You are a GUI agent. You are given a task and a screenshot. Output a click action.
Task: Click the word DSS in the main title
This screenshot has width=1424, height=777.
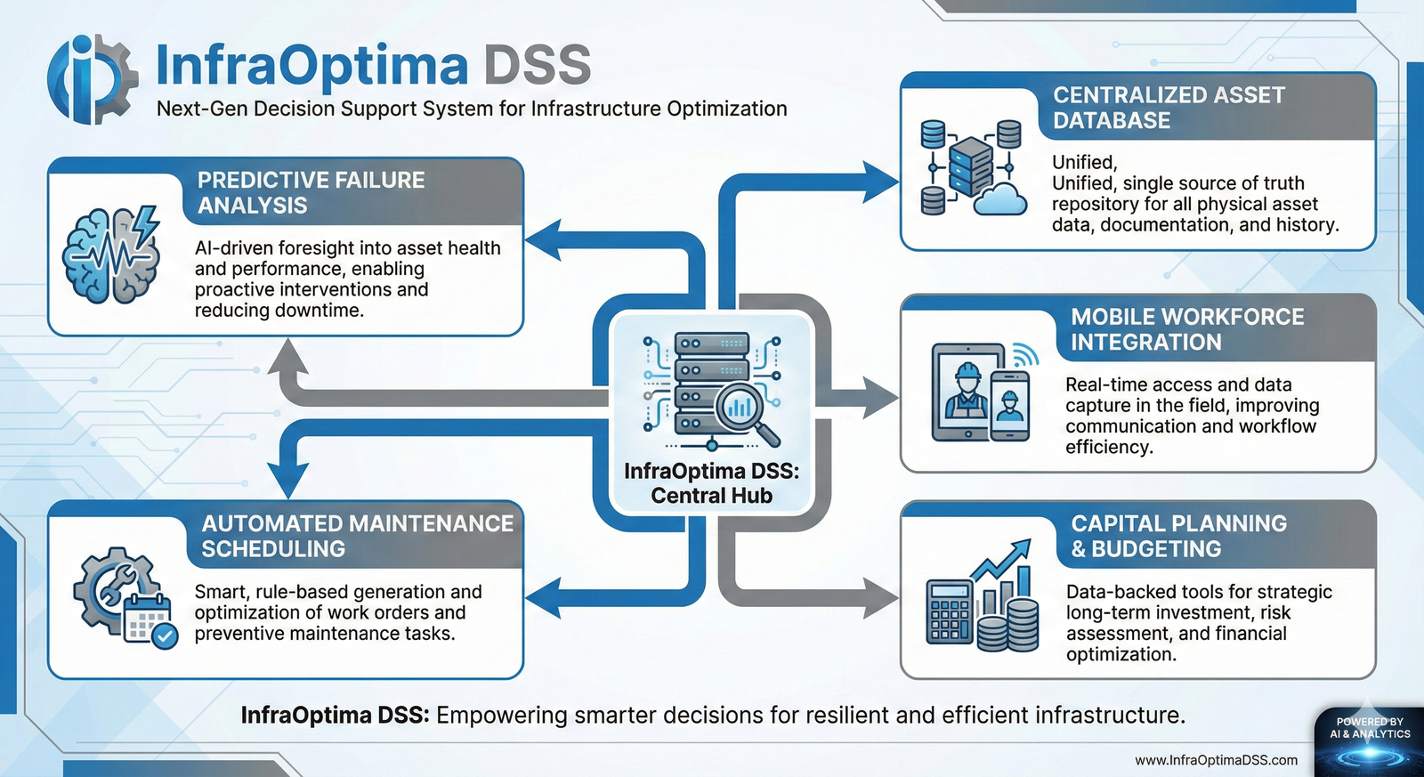click(x=537, y=65)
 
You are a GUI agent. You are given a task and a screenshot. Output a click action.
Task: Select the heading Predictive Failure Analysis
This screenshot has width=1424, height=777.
click(x=311, y=192)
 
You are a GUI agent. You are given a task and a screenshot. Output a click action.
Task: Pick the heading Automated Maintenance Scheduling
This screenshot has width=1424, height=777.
click(x=357, y=536)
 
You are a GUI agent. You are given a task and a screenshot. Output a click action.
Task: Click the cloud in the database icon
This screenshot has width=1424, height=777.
click(x=1000, y=199)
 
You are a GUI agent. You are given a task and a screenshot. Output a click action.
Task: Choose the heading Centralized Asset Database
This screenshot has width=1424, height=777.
click(x=1169, y=108)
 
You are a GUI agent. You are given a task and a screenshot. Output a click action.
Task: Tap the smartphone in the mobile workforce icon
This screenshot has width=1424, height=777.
click(x=1009, y=405)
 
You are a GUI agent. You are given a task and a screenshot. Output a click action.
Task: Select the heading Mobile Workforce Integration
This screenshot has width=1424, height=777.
click(x=1186, y=329)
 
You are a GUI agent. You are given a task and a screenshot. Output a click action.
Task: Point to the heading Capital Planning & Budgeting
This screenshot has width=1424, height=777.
click(x=1178, y=536)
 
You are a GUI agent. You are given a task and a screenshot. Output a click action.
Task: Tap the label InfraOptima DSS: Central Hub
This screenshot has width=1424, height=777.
click(x=711, y=483)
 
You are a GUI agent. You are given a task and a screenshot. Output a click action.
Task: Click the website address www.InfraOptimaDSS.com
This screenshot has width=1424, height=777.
click(x=1216, y=760)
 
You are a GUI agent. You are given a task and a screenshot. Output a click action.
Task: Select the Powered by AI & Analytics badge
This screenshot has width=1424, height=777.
click(x=1370, y=739)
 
